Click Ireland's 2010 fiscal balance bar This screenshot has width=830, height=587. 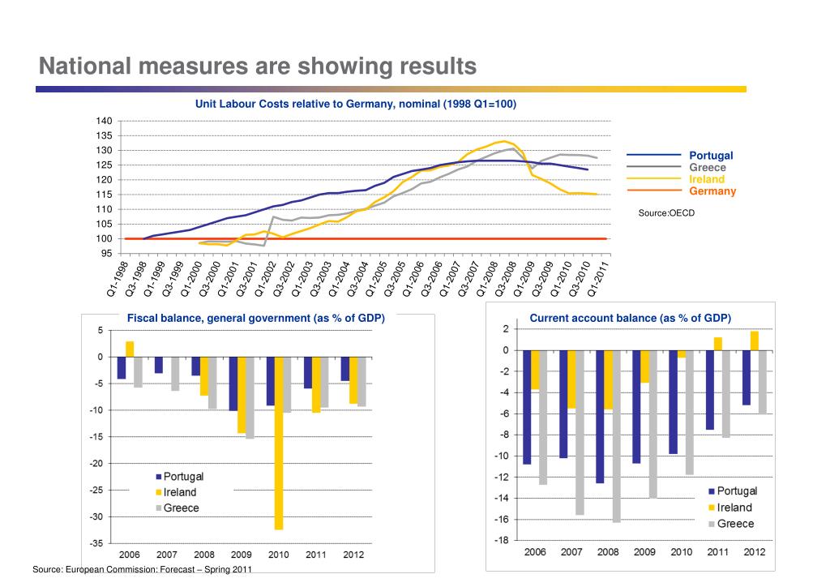pyautogui.click(x=279, y=443)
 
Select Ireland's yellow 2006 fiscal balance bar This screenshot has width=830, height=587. pyautogui.click(x=129, y=349)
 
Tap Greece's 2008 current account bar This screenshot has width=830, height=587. pyautogui.click(x=616, y=436)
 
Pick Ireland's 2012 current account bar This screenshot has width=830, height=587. pyautogui.click(x=755, y=341)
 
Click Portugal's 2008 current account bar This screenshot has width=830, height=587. pyautogui.click(x=600, y=417)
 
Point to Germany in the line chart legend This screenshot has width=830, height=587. pyautogui.click(x=712, y=191)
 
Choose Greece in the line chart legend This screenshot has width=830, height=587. pyautogui.click(x=707, y=167)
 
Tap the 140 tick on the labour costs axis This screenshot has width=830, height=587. pyautogui.click(x=105, y=122)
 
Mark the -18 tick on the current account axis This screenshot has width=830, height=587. pyautogui.click(x=501, y=541)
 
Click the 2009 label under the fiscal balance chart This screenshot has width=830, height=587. pyautogui.click(x=242, y=555)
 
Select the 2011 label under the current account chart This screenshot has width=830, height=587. pyautogui.click(x=718, y=552)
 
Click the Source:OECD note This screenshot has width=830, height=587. pyautogui.click(x=666, y=212)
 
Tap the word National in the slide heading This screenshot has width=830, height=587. pyautogui.click(x=84, y=66)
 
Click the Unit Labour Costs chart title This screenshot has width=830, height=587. pyautogui.click(x=356, y=104)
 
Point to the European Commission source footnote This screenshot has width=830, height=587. pyautogui.click(x=142, y=569)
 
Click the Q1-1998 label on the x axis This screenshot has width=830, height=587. pyautogui.click(x=118, y=278)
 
